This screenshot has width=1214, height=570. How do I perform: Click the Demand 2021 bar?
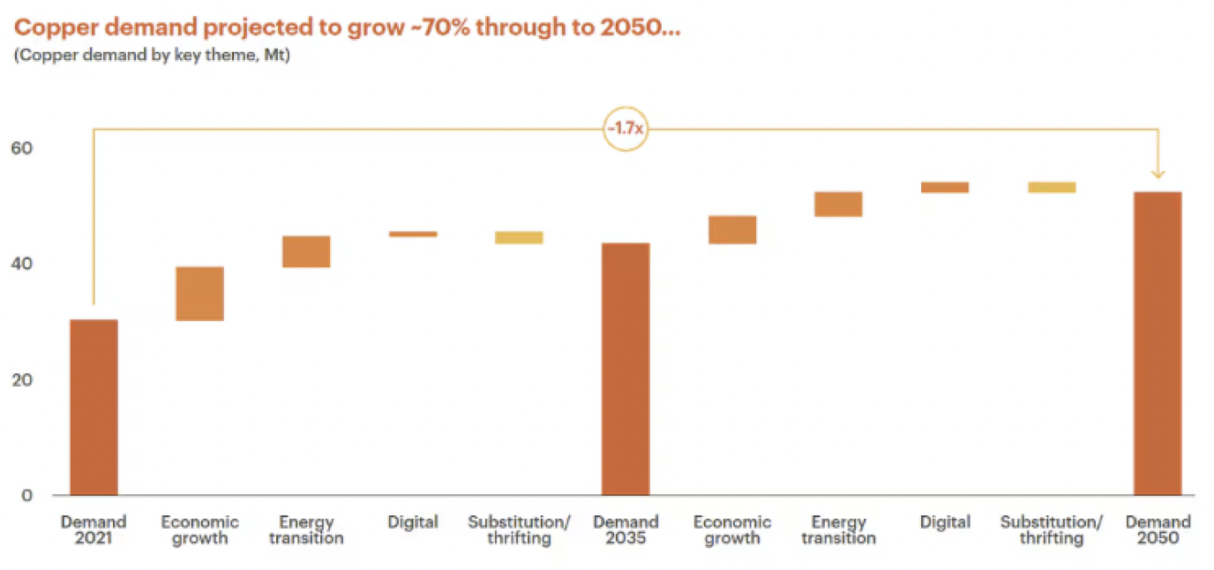point(94,407)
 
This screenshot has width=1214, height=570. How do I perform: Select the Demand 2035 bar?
point(626,369)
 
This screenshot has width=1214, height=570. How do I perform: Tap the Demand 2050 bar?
point(1158,343)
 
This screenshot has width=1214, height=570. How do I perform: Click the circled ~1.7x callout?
point(626,129)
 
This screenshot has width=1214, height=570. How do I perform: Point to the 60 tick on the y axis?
point(22,148)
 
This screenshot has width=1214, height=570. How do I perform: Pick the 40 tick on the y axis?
point(22,264)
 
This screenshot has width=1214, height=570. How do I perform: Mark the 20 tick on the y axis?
point(22,379)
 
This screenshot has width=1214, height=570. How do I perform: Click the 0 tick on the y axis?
point(27,495)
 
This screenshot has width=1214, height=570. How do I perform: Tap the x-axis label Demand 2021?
point(94,529)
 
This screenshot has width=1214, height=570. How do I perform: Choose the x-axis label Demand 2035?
point(626,529)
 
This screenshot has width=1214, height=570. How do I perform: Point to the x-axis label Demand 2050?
point(1158,529)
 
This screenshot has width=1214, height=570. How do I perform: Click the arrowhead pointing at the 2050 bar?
point(1158,174)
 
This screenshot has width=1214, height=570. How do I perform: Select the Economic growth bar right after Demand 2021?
point(199,293)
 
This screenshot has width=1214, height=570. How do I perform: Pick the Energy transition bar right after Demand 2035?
point(838,204)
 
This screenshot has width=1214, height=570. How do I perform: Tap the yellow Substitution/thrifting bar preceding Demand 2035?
point(519,237)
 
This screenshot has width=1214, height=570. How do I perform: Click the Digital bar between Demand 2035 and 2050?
point(944,187)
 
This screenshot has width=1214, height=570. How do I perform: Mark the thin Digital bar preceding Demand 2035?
point(413,234)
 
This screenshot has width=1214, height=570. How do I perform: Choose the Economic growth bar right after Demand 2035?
point(732,229)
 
